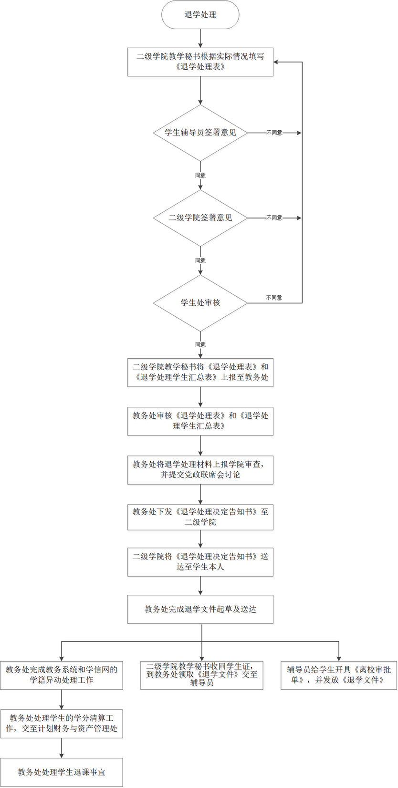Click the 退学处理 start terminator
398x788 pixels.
[200, 15]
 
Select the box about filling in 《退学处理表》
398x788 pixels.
[200, 62]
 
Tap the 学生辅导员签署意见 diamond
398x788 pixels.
[200, 133]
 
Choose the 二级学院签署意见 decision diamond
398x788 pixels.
[200, 218]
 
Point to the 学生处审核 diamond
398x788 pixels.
[200, 303]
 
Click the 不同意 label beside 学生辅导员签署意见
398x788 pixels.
[274, 133]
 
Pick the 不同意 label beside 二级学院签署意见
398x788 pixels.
[274, 218]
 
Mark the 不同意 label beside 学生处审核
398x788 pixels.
[274, 298]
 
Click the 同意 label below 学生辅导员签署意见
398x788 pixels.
[200, 175]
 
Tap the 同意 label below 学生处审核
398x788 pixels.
[200, 344]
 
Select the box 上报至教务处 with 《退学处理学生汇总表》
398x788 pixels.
[200, 373]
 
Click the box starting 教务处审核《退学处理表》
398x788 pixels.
[200, 421]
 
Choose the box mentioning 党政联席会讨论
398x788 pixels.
[200, 470]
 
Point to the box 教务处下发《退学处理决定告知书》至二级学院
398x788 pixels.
[200, 517]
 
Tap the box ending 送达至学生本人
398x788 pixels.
[200, 562]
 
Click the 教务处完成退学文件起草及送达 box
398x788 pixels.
[200, 609]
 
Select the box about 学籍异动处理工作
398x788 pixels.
[62, 675]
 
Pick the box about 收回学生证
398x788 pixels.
[202, 675]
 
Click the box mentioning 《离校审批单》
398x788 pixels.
[338, 675]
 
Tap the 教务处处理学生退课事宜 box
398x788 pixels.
[62, 772]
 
